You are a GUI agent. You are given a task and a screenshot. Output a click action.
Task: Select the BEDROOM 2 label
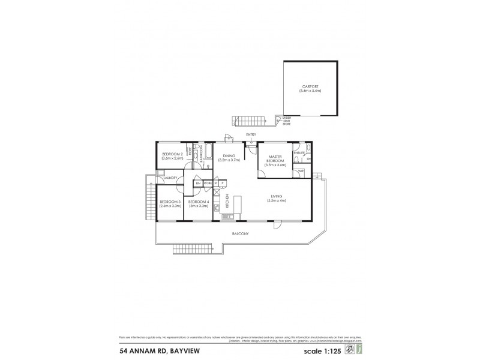point(172,156)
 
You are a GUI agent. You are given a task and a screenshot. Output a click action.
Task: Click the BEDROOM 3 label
point(170,203)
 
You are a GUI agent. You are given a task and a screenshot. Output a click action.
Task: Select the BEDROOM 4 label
point(198,203)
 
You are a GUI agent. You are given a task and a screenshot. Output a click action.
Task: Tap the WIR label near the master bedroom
point(300,172)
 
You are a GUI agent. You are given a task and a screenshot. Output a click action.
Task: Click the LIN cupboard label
point(197,183)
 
